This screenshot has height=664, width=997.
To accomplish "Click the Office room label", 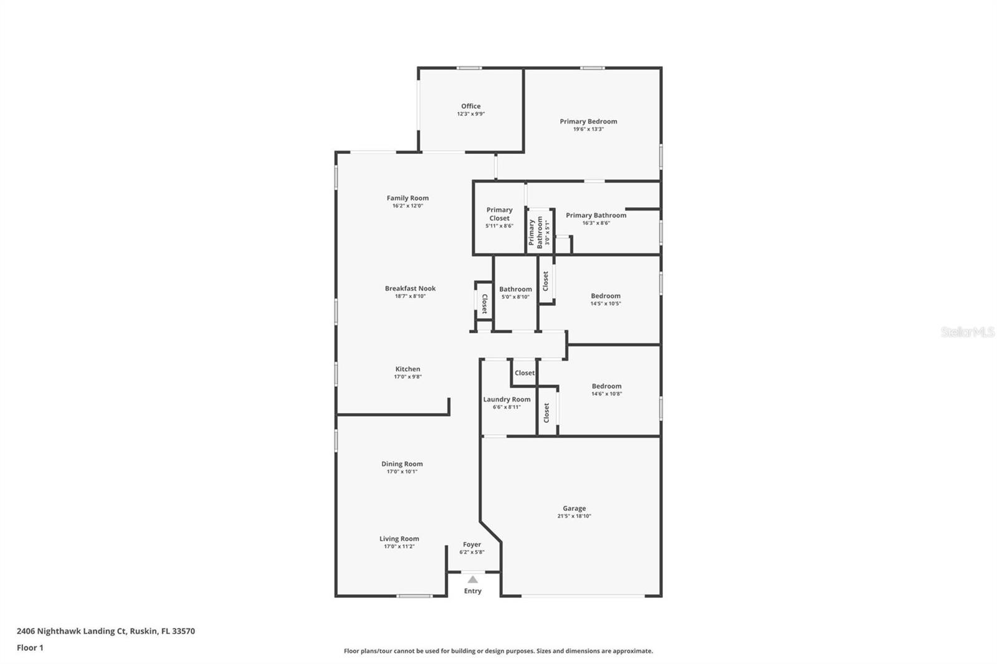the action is [470, 106].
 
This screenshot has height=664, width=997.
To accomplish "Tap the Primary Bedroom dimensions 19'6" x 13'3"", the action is [588, 130].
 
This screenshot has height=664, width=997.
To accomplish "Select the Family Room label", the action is [408, 198].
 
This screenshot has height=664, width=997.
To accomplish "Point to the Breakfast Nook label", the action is [410, 288].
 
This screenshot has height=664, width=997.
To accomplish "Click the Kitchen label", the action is [408, 369].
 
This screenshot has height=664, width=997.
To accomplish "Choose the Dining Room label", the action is [402, 463].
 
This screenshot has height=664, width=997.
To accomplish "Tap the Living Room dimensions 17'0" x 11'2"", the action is [399, 546].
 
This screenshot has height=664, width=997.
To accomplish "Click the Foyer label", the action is [472, 544].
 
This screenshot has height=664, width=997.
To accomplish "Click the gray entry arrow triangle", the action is [473, 579].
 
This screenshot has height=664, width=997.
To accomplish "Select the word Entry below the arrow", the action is [473, 591].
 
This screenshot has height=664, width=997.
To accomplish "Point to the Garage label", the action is [574, 508].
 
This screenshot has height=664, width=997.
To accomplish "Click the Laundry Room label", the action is [507, 399].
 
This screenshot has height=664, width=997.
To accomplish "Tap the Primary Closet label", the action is [499, 214].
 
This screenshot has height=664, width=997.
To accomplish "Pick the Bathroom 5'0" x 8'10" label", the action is [515, 292].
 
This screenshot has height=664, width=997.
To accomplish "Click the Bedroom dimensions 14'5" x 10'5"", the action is [606, 303].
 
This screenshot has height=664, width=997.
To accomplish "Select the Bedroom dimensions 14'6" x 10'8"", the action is [607, 394].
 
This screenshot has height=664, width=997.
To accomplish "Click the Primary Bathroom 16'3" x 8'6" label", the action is [596, 219].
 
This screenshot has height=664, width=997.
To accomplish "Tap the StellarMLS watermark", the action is [968, 332].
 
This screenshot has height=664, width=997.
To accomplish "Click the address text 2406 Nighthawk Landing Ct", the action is [72, 631].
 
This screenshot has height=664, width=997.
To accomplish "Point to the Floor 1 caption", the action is [31, 648].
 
